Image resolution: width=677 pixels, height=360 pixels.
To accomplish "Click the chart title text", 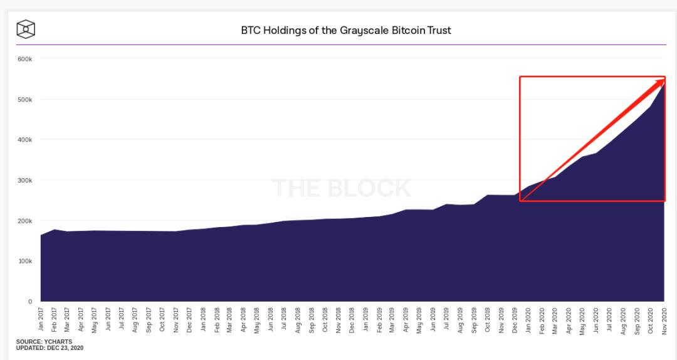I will [x=346, y=30].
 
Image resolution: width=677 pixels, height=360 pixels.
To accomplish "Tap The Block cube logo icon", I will [x=26, y=29].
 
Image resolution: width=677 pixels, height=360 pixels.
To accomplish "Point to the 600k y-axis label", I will [x=24, y=59].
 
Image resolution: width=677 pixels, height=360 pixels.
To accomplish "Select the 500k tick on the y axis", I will [x=24, y=100].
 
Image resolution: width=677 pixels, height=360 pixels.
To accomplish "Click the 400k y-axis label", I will [x=24, y=140].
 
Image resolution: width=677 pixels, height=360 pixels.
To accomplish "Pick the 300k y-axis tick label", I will [x=24, y=181].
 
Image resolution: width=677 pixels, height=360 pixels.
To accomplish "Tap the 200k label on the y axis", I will [x=24, y=221].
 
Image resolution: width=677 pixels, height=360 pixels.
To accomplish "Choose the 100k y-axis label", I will [x=24, y=262].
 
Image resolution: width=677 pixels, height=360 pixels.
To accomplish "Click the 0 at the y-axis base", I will [x=29, y=302].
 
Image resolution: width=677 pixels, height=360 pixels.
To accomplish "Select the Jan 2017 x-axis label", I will [x=41, y=318].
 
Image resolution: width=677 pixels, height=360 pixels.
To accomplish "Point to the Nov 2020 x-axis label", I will [x=664, y=318].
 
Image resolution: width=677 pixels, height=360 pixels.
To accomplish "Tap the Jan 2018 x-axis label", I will [x=203, y=318].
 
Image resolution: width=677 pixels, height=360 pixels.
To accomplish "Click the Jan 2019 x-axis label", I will [x=366, y=318].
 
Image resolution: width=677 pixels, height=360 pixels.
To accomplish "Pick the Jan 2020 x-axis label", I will [x=528, y=318].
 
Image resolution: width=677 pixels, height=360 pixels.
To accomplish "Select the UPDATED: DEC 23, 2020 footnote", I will [x=50, y=347].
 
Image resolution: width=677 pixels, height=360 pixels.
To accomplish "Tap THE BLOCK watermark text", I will [x=341, y=188].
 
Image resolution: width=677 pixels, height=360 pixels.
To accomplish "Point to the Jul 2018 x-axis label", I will [x=285, y=318].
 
